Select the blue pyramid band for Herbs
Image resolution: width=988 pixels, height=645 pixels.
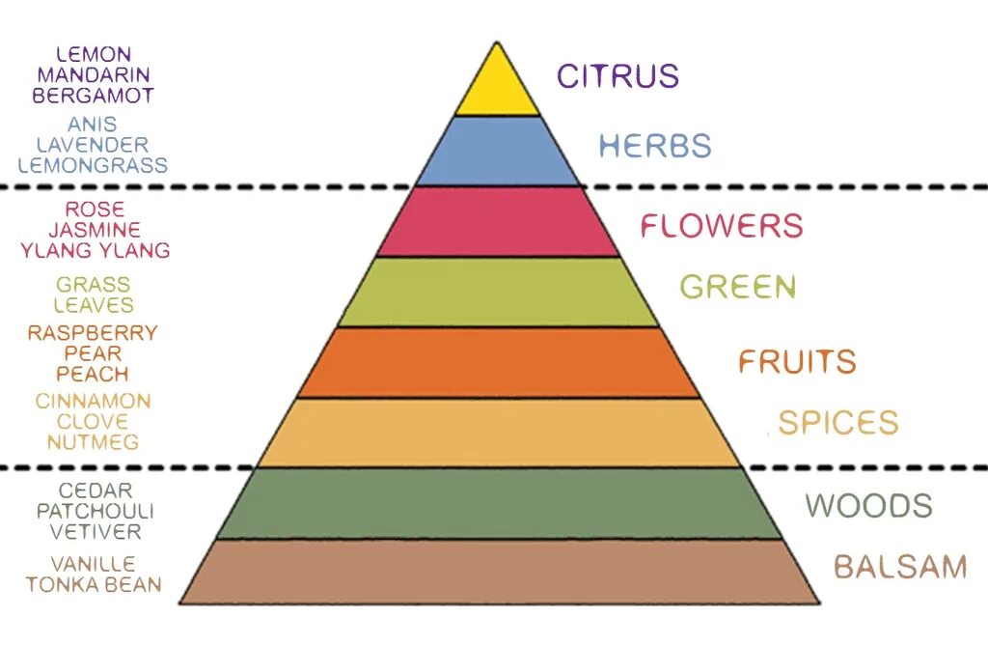pos(497,151)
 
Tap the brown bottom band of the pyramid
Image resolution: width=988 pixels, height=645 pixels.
pos(498,572)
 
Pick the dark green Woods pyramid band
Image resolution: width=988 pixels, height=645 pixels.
pos(498,503)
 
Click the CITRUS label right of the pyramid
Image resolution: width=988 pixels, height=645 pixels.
pos(617,75)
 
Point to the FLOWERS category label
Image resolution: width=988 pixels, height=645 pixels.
pos(722,226)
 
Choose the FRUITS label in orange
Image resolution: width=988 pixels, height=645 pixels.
pos(797,362)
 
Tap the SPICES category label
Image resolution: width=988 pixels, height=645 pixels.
pos(838,423)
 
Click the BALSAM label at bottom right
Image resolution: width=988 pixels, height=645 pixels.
pos(900,567)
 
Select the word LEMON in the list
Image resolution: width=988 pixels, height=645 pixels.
pos(94,54)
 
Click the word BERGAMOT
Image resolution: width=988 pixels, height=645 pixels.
pos(93,96)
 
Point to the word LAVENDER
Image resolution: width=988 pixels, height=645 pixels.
pos(93,145)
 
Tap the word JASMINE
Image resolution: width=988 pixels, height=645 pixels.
pos(95,230)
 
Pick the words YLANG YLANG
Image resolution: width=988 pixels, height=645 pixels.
pos(95,250)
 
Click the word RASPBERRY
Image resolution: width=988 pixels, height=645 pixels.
pos(93,333)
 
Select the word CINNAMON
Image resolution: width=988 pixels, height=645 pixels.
pos(94,401)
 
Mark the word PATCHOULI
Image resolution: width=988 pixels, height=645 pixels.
pos(94,512)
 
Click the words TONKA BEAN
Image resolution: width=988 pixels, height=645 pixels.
pos(94,584)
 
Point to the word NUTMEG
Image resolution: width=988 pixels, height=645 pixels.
pos(94,442)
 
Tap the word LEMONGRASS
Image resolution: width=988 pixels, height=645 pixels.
pos(93,165)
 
